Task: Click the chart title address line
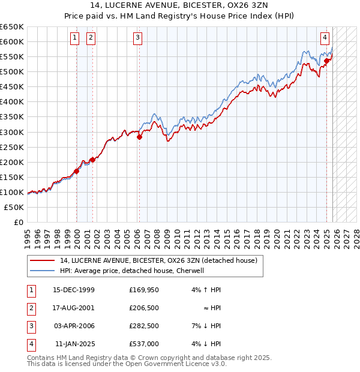pos(179,5)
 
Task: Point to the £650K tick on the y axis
pos(12,27)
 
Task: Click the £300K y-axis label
pos(12,132)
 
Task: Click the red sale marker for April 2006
pos(139,137)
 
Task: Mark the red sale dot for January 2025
pos(326,61)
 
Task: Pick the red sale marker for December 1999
pos(77,171)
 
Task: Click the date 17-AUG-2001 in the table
pos(74,307)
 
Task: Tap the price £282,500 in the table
pos(143,326)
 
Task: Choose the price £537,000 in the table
pos(143,344)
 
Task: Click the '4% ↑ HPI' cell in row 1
pos(207,289)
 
